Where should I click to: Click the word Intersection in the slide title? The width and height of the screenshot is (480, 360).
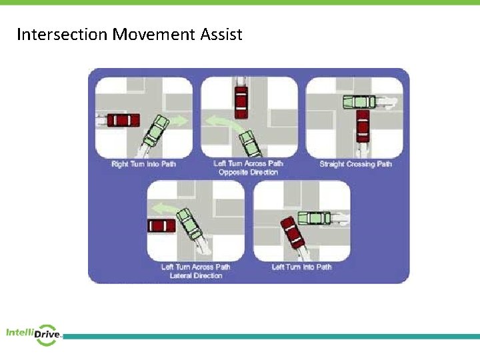(62, 34)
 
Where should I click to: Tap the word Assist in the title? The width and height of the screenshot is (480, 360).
(221, 34)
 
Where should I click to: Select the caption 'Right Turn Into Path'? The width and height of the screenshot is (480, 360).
(144, 164)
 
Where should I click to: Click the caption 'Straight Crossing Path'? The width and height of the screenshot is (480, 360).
(355, 164)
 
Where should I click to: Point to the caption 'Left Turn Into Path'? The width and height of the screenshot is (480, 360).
(301, 267)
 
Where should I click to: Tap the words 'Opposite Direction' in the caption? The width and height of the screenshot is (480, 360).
(248, 173)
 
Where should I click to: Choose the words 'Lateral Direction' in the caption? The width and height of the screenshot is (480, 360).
(195, 275)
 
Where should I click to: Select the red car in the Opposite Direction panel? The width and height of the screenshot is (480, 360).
(240, 99)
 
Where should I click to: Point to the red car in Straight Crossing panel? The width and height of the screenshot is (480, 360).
(362, 125)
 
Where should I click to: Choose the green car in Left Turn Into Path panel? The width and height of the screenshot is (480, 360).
(313, 217)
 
